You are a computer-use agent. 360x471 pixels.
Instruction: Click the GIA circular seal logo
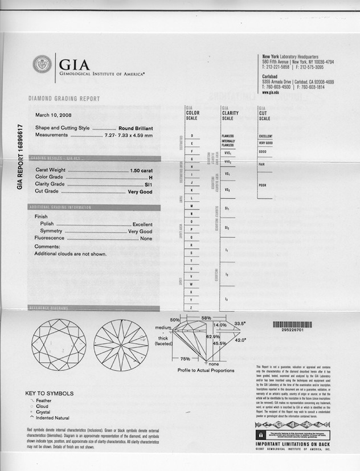point(42,64)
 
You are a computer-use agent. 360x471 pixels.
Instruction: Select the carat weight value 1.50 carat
point(141,170)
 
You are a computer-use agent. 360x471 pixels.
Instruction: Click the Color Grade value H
point(150,177)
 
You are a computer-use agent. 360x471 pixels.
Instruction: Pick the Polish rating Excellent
point(142,224)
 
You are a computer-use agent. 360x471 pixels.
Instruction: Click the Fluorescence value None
point(146,239)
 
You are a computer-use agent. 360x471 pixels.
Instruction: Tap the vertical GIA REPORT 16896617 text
point(20,157)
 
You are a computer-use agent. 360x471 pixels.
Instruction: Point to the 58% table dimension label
point(206,318)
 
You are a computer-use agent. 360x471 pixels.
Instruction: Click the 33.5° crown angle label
point(239,323)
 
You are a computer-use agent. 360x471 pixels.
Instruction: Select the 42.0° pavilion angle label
point(239,340)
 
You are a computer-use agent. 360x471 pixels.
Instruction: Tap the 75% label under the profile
point(185,359)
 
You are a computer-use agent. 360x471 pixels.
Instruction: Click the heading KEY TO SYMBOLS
point(50,394)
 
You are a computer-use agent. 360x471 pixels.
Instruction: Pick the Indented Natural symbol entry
point(54,417)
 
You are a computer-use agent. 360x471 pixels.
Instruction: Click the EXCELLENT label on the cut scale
point(265,136)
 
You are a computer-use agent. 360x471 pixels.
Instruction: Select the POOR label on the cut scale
point(263,185)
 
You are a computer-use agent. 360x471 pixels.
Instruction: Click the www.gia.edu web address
point(271,92)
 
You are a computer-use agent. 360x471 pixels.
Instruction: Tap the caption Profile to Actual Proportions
point(206,370)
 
